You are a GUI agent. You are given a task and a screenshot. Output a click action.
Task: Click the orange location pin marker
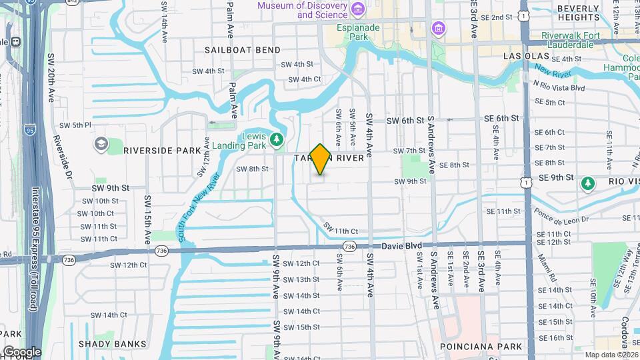(321, 159)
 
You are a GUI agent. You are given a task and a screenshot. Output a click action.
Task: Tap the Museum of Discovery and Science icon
(359, 9)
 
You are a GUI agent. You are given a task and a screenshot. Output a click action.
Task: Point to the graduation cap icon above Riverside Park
(101, 143)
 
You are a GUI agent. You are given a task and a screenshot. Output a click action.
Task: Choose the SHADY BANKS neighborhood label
(112, 344)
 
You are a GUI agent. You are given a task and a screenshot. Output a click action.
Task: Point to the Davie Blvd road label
(403, 246)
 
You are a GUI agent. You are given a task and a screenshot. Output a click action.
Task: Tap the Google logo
(21, 351)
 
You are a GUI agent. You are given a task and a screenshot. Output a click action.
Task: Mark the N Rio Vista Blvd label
(559, 87)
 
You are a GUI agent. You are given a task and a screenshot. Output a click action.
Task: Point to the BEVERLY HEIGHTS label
(578, 13)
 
